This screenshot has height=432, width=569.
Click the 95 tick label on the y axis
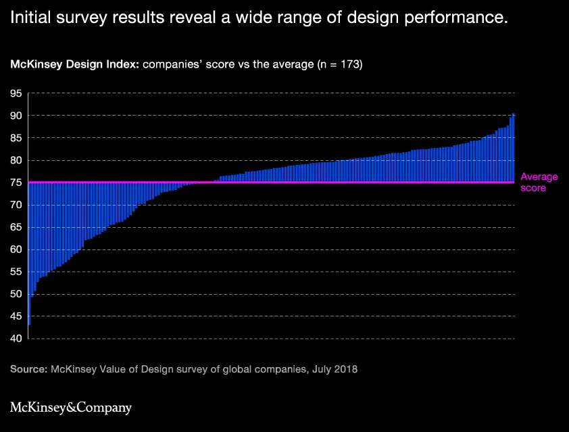coord(16,94)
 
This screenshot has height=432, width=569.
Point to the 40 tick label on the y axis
coord(16,338)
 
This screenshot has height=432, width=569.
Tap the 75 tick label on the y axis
coord(16,183)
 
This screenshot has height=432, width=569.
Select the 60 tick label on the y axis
coord(16,249)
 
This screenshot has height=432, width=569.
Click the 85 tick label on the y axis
coord(16,138)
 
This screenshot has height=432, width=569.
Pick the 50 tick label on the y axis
coord(16,294)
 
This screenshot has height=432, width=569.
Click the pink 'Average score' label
coord(539,183)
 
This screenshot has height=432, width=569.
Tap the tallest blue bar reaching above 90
coord(513,147)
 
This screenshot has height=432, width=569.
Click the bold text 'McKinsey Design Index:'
coord(74,64)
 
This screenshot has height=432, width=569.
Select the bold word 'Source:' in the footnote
coord(28,369)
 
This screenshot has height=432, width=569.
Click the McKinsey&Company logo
coord(71,407)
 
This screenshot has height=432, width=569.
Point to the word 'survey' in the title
coord(81,18)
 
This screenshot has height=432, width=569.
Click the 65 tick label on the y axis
coord(16,227)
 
